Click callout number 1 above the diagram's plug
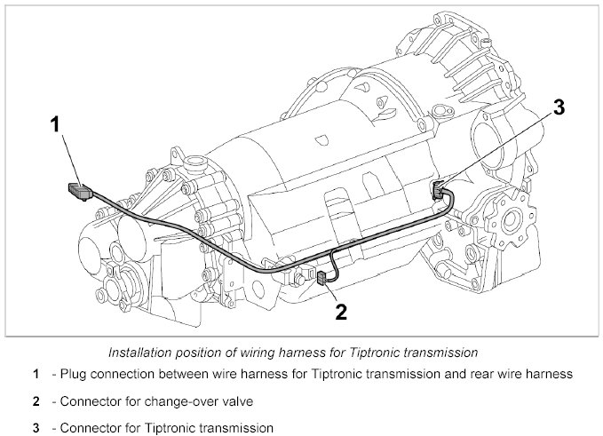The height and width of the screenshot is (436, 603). click(x=56, y=125)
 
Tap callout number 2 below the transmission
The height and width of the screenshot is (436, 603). click(x=339, y=310)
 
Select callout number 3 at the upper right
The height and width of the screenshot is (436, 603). click(x=558, y=108)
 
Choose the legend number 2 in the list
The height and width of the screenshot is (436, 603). click(x=35, y=401)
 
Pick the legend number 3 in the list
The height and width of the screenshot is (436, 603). click(x=35, y=428)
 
